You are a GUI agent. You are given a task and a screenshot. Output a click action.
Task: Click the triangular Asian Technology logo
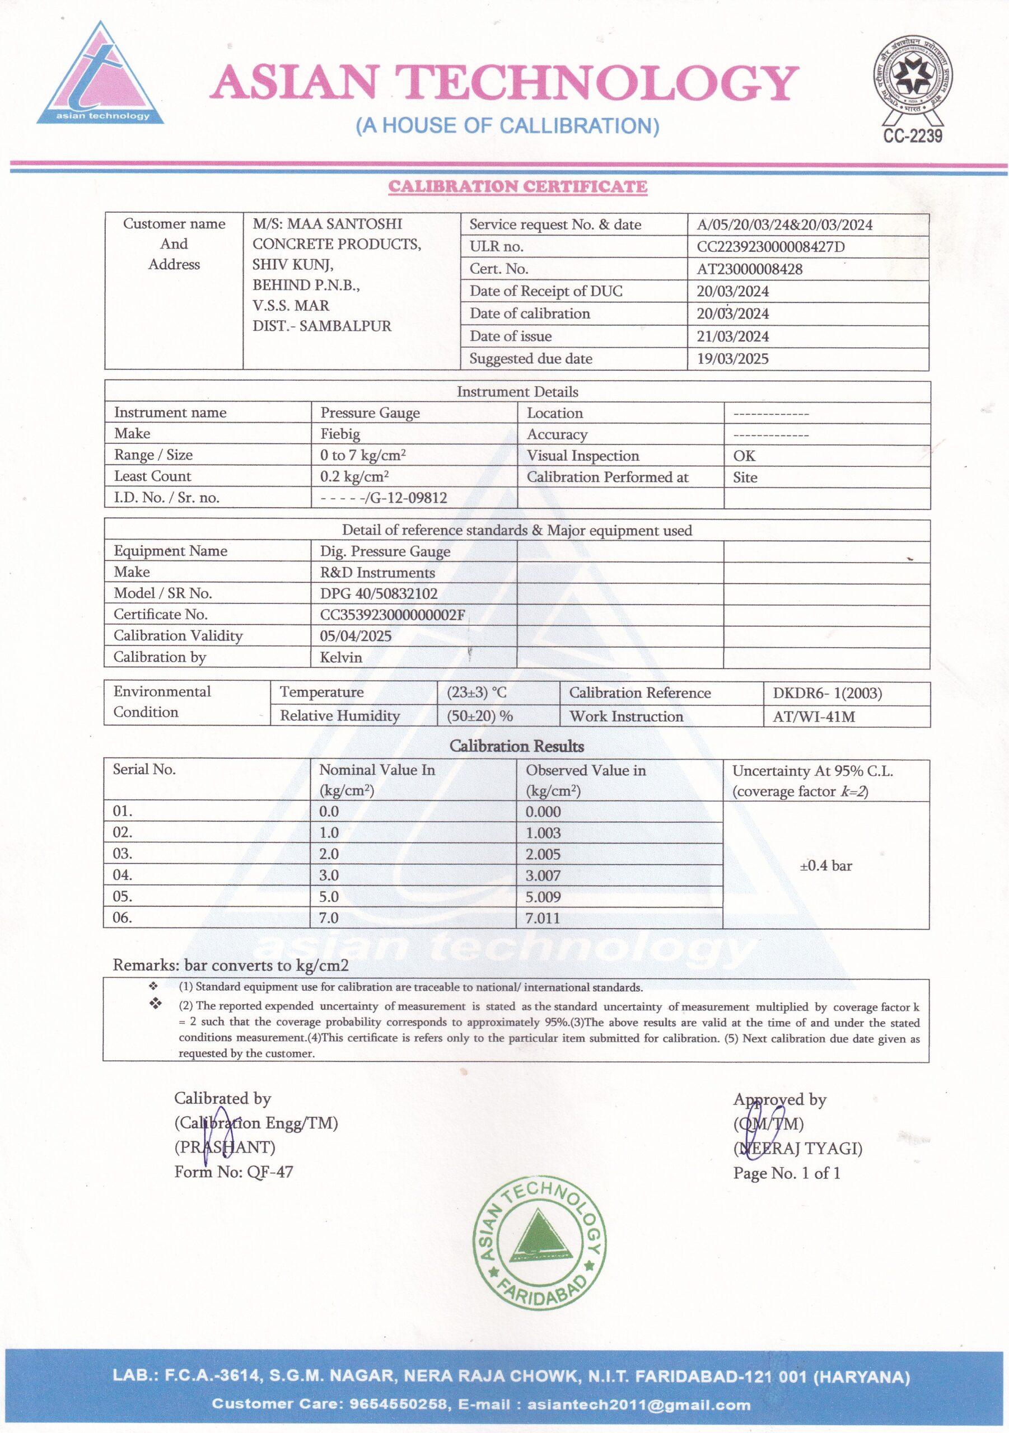click(x=100, y=75)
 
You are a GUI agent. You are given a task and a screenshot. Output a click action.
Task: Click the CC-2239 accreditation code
click(x=912, y=136)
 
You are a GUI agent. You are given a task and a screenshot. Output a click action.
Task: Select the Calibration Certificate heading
click(x=517, y=186)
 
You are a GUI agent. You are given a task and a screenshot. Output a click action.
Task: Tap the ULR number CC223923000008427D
click(x=770, y=246)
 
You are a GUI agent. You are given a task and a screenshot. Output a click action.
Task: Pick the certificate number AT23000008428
click(x=749, y=269)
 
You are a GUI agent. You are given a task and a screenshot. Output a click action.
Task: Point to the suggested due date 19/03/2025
click(x=732, y=359)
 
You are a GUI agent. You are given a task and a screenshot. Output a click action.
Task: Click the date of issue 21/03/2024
click(x=732, y=336)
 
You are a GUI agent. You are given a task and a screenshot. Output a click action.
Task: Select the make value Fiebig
click(x=340, y=434)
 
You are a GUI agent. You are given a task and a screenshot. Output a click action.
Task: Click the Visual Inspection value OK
click(x=744, y=456)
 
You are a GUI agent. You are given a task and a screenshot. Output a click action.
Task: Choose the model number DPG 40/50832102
click(x=379, y=593)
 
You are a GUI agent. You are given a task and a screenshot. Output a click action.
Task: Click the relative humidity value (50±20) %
click(x=479, y=716)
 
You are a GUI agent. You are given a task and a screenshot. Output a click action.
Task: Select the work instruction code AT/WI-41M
click(x=814, y=716)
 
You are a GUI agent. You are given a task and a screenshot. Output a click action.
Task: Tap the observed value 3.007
click(x=543, y=875)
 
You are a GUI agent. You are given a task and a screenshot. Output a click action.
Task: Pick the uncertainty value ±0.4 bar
click(x=825, y=865)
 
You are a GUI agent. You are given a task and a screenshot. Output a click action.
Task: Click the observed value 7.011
click(x=543, y=918)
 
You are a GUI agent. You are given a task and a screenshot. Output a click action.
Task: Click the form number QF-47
click(x=270, y=1172)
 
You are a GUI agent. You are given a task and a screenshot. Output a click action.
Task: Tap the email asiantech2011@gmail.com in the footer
click(x=638, y=1404)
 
